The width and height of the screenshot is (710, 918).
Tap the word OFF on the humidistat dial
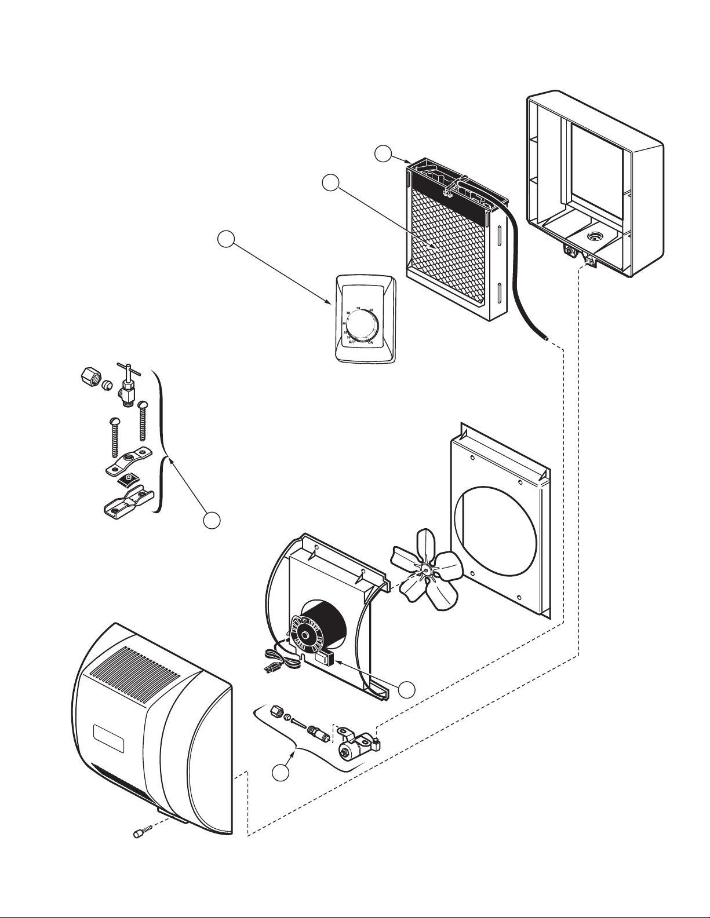351,342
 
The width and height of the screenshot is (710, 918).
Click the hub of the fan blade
427,569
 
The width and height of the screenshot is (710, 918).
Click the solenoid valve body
351,751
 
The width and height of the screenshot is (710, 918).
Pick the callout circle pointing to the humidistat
226,239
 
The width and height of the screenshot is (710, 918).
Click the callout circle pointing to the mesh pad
331,182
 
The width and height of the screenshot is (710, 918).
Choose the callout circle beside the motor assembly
407,689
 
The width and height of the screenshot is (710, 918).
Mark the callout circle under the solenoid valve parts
282,772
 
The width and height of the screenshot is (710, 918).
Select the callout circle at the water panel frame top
382,155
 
